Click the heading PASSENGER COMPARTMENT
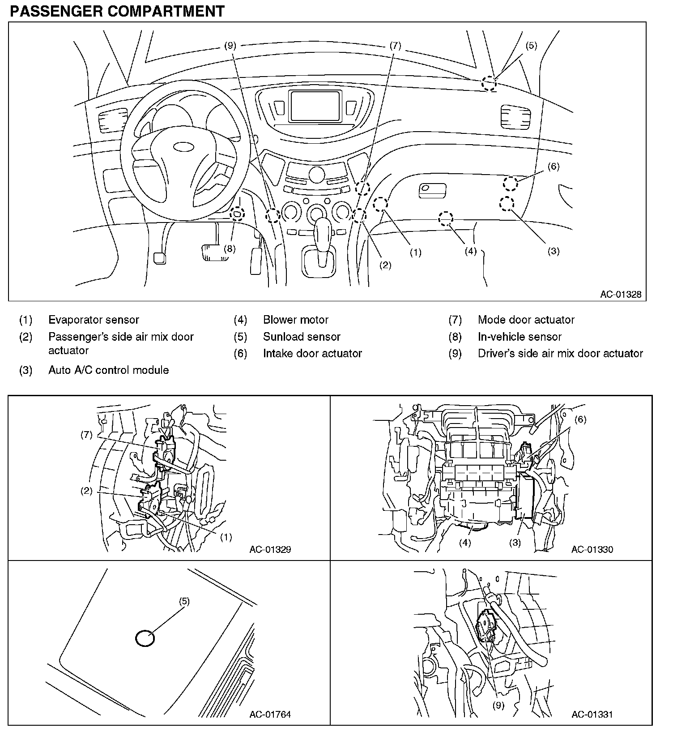click(117, 11)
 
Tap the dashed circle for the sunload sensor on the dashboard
click(489, 84)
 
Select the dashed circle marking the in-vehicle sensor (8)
click(237, 214)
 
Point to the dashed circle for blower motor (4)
click(446, 219)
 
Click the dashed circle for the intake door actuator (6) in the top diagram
click(510, 183)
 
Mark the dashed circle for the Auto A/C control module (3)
click(507, 204)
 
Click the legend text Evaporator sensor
click(94, 320)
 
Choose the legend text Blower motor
click(295, 320)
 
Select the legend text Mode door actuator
click(526, 320)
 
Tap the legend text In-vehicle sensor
click(520, 337)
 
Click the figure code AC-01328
click(621, 294)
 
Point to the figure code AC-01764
click(270, 715)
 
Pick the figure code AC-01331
click(592, 715)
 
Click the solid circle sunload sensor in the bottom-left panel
click(145, 638)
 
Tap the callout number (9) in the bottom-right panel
click(498, 706)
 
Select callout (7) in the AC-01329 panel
click(86, 435)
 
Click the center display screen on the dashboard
click(315, 106)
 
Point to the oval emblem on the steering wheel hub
click(182, 146)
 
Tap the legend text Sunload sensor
click(302, 337)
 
